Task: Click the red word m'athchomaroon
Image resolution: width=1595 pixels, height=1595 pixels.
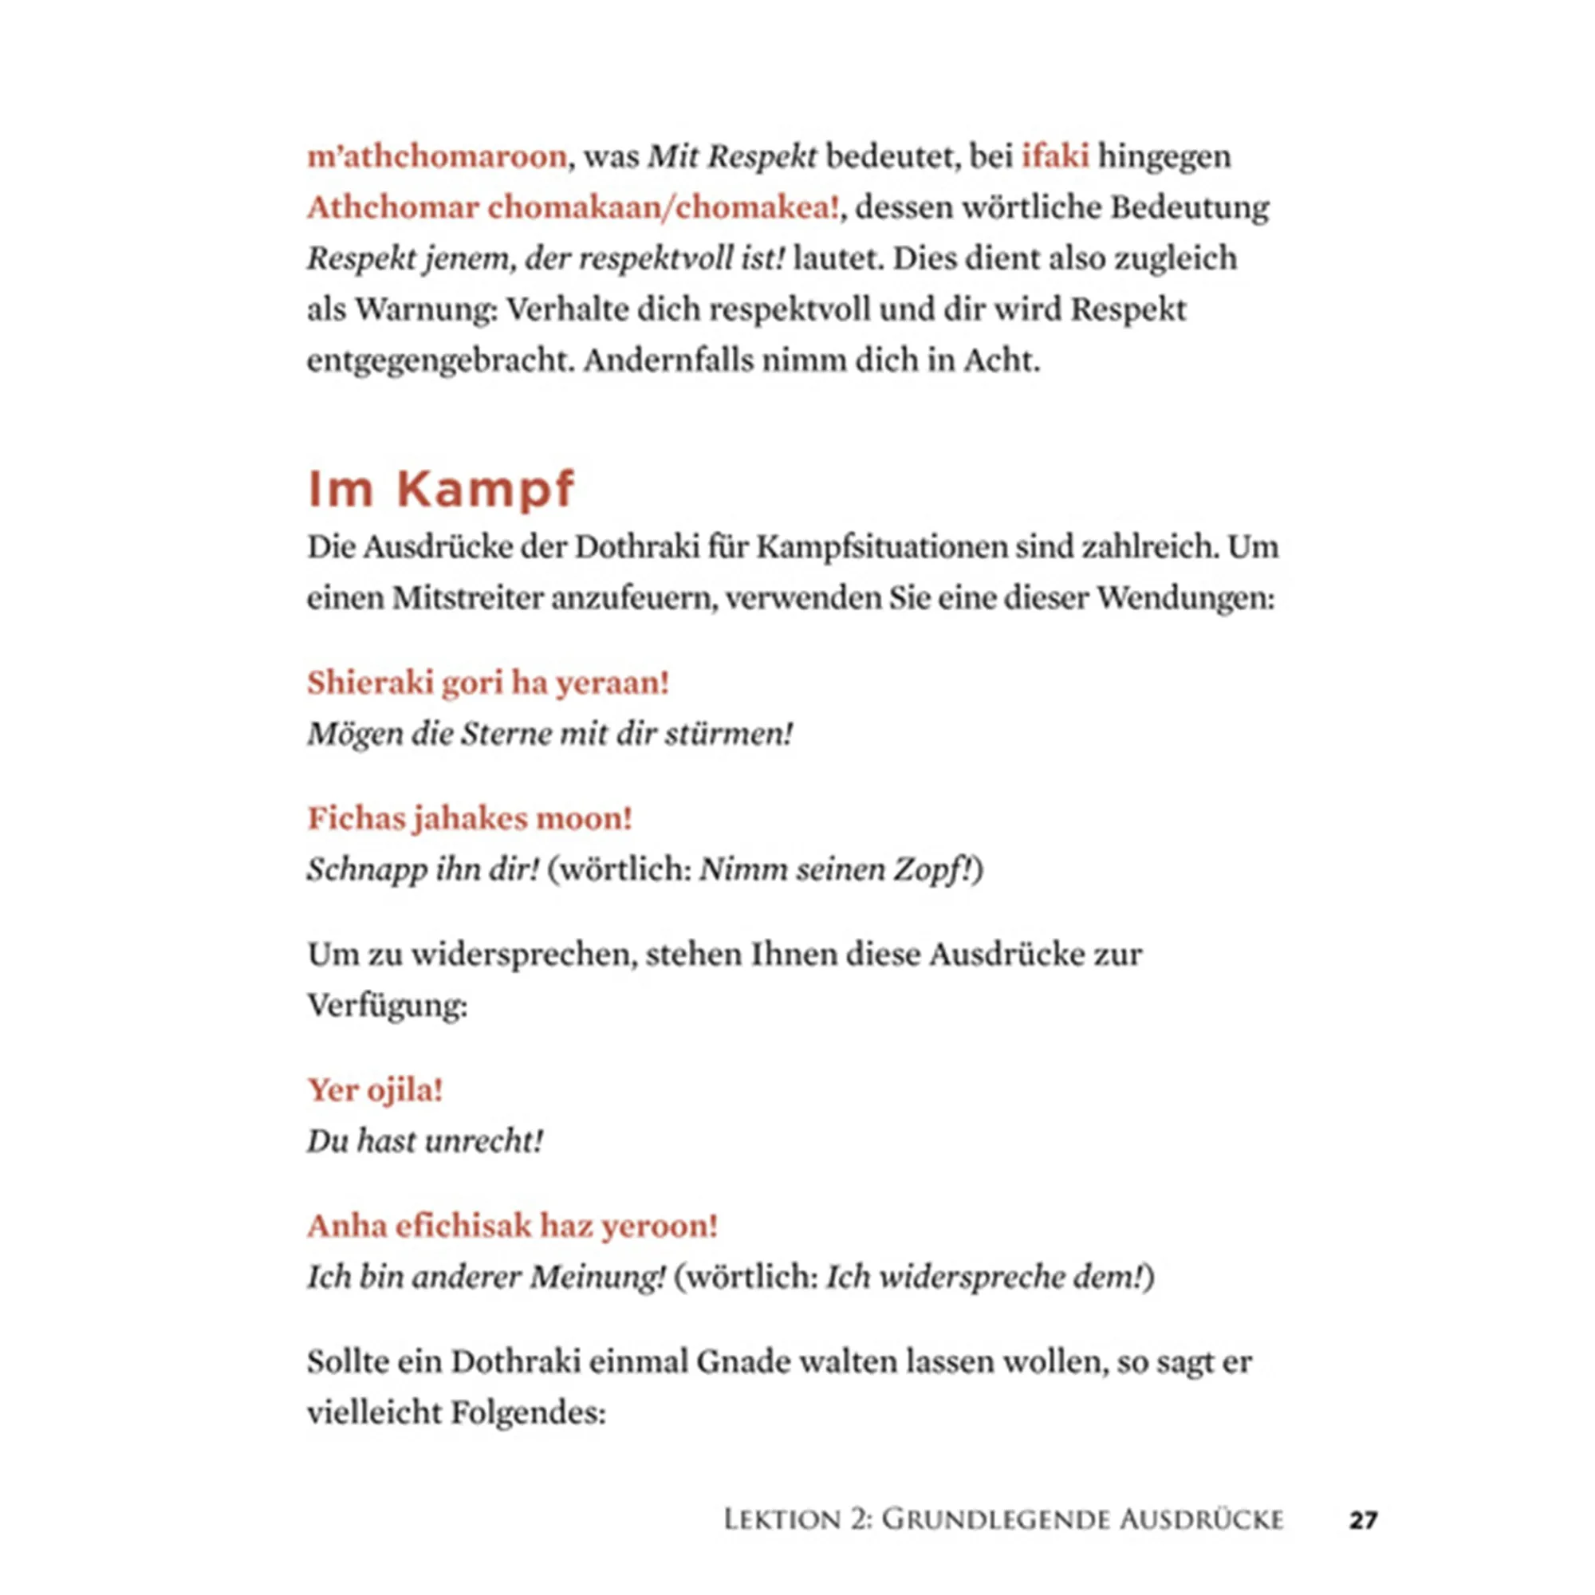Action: pyautogui.click(x=437, y=156)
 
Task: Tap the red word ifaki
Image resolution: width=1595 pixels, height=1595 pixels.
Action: pyautogui.click(x=1055, y=156)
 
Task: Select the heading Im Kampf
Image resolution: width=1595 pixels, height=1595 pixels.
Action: pyautogui.click(x=440, y=489)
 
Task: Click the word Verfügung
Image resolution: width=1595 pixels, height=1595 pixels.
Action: pyautogui.click(x=386, y=1006)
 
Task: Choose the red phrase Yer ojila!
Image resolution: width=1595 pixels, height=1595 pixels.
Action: pyautogui.click(x=376, y=1090)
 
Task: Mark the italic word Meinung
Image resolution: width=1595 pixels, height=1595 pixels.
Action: pyautogui.click(x=597, y=1277)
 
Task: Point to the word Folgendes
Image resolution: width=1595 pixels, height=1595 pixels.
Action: pyautogui.click(x=529, y=1413)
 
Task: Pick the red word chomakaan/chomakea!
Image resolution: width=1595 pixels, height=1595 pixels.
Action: pyautogui.click(x=664, y=207)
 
